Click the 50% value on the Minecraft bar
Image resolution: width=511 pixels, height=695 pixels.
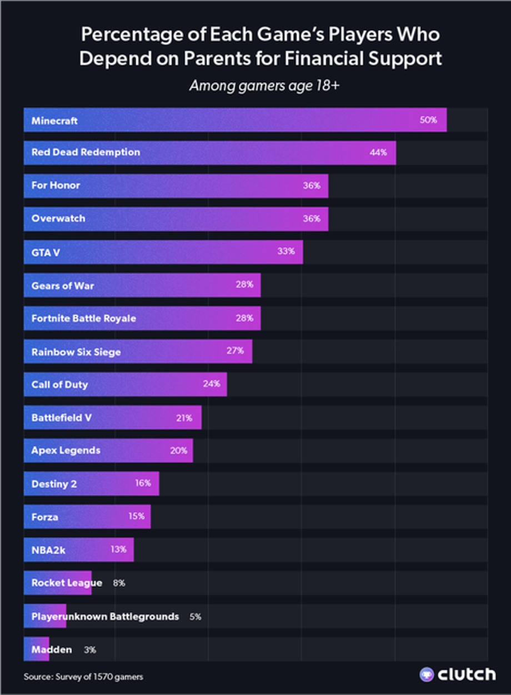pyautogui.click(x=428, y=120)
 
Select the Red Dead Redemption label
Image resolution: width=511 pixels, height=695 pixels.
pyautogui.click(x=86, y=152)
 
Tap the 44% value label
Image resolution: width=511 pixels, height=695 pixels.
pyautogui.click(x=378, y=153)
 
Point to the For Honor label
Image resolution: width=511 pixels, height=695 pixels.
pyautogui.click(x=56, y=185)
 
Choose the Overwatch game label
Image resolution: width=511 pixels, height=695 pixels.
pyautogui.click(x=58, y=219)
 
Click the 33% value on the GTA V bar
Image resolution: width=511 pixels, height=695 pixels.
pyautogui.click(x=286, y=251)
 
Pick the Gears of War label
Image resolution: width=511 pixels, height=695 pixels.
pyautogui.click(x=63, y=285)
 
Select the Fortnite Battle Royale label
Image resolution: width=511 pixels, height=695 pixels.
pyautogui.click(x=84, y=319)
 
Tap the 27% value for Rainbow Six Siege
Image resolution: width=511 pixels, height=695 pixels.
pyautogui.click(x=235, y=351)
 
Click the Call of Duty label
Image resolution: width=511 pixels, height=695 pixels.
pyautogui.click(x=59, y=384)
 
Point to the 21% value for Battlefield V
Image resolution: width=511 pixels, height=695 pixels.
pyautogui.click(x=184, y=417)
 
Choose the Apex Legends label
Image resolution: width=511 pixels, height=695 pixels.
pyautogui.click(x=66, y=450)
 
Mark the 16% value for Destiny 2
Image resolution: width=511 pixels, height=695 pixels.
pyautogui.click(x=143, y=483)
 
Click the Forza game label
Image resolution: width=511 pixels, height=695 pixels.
pyautogui.click(x=45, y=517)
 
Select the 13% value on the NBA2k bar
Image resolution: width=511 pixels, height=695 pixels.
pyautogui.click(x=118, y=550)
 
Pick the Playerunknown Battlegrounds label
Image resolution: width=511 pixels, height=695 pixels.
pyautogui.click(x=105, y=616)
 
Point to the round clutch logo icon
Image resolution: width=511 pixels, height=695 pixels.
pyautogui.click(x=427, y=674)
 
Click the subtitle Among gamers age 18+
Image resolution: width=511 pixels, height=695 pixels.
pyautogui.click(x=255, y=87)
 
